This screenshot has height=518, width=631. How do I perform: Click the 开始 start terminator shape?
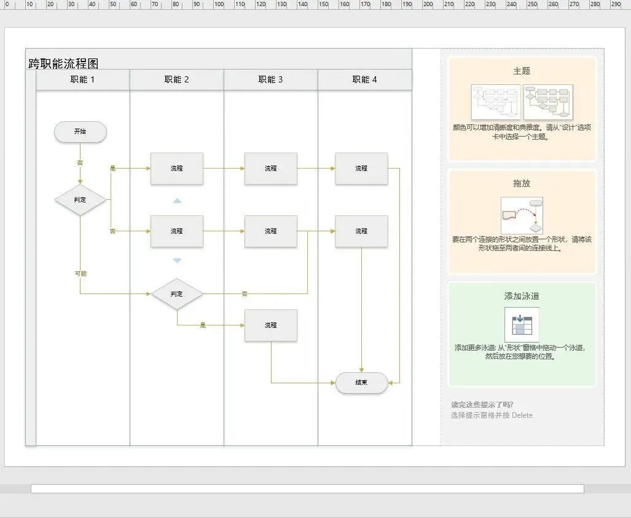point(80,132)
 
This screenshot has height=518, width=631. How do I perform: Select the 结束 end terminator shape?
point(361,383)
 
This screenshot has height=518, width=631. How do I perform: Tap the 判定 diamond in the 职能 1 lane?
point(80,200)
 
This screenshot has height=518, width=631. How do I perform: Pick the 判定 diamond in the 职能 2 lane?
point(177,294)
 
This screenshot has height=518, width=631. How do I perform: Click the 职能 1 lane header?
point(83,79)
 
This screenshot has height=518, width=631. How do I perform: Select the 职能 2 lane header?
point(177,79)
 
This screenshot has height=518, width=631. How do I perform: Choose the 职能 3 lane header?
point(271,79)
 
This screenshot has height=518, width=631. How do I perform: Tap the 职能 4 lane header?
point(365,79)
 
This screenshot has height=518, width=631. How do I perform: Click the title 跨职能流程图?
point(63,63)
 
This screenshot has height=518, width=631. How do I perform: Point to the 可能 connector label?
point(80,273)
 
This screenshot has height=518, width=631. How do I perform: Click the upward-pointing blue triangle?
point(177,201)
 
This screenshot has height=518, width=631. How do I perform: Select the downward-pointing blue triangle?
point(177,261)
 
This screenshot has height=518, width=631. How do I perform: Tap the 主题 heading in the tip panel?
point(522,71)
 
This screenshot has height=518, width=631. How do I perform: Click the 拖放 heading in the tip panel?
point(522,183)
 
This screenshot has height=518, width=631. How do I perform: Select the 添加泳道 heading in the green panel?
point(522,296)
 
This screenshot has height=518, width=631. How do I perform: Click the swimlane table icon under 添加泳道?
point(522,325)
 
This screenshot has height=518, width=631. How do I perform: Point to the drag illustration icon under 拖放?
point(522,215)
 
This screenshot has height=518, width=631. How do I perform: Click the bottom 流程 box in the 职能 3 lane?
point(271,325)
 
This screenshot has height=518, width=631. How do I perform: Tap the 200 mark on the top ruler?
point(428,4)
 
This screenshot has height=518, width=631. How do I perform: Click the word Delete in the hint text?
point(522,415)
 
